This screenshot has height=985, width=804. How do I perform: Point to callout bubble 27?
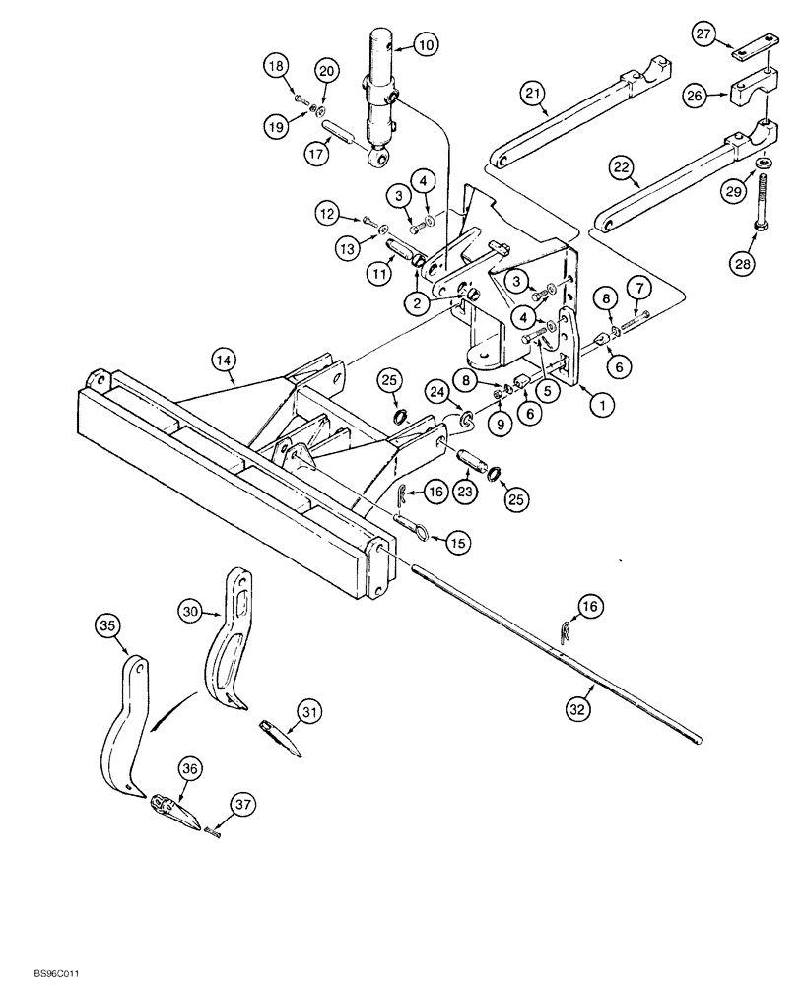[x=728, y=35]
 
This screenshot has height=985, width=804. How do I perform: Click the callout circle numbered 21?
[x=532, y=93]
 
